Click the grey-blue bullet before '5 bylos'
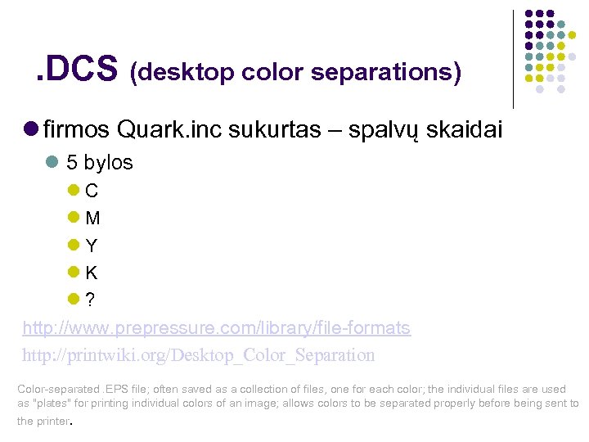tap(52, 162)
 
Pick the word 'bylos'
tap(108, 163)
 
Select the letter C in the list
tap(92, 192)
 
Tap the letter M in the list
tap(92, 219)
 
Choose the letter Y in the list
tap(92, 246)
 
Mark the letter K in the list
tap(92, 273)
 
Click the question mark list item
tap(90, 300)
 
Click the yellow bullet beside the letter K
tap(73, 272)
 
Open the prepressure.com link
tap(216, 328)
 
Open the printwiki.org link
tap(199, 355)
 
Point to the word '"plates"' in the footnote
tap(48, 404)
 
